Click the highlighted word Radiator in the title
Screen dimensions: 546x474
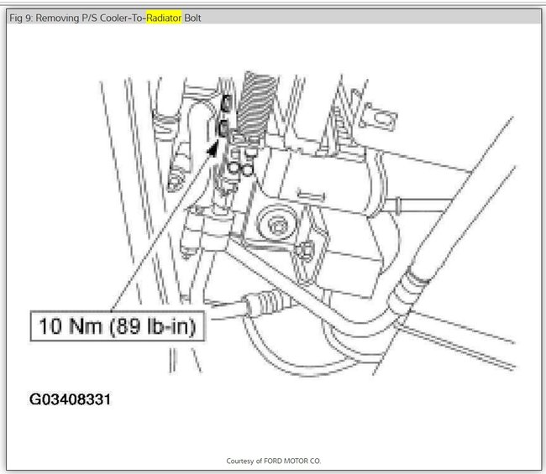point(164,18)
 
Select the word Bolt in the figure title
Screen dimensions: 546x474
point(192,18)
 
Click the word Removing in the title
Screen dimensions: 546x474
point(57,18)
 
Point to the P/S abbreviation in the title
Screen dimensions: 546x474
point(90,18)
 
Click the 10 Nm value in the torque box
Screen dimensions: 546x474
point(70,326)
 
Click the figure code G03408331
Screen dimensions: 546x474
point(70,399)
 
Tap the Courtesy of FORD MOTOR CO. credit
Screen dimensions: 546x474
point(273,461)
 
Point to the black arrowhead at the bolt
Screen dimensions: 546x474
point(212,148)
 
